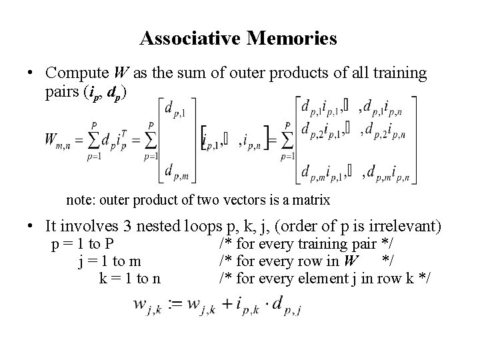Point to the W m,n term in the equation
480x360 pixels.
pyautogui.click(x=60, y=140)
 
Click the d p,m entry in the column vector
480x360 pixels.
pyautogui.click(x=177, y=173)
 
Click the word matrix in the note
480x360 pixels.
pyautogui.click(x=311, y=199)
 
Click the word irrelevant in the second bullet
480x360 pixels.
pyautogui.click(x=399, y=227)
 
